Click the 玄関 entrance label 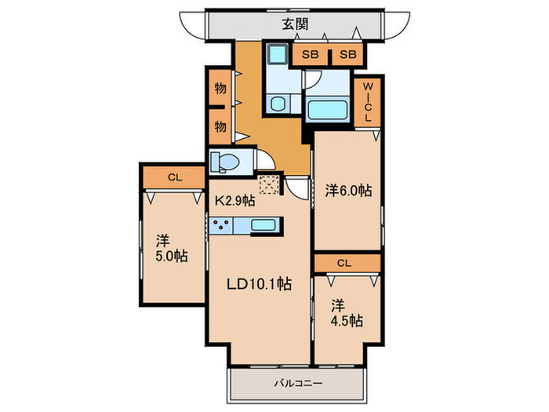tap(295, 24)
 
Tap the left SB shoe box tap(310, 54)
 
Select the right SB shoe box tap(347, 54)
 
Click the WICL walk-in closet tap(367, 102)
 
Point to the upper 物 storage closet tap(220, 88)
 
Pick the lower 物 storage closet tap(220, 126)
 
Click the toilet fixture tap(224, 162)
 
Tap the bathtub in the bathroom tap(327, 109)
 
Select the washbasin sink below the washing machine tap(279, 104)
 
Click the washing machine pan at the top tap(278, 55)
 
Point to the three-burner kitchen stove tap(221, 225)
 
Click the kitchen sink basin tap(264, 225)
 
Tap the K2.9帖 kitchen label tap(235, 201)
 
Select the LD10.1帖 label tap(259, 283)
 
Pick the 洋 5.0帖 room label tap(171, 249)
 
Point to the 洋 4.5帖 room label tap(347, 313)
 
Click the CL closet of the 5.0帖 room tap(174, 177)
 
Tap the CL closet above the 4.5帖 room tap(344, 263)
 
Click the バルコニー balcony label tap(297, 384)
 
